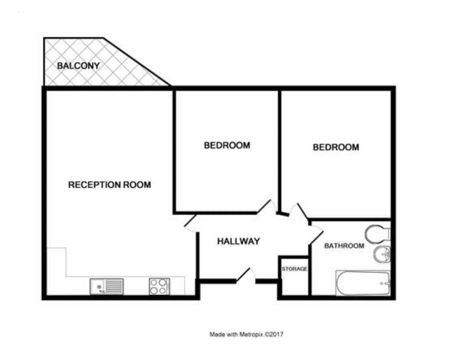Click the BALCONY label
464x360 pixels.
point(78,66)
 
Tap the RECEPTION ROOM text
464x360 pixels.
point(109,185)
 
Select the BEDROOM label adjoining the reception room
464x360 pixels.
point(227,146)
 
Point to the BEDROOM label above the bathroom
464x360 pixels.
point(336,148)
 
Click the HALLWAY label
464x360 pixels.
point(238,241)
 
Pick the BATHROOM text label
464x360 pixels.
point(344,246)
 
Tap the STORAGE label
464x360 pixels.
point(294,269)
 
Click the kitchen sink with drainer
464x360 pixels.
point(106,286)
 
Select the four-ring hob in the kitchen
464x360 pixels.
point(159,286)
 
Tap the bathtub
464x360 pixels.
point(362,283)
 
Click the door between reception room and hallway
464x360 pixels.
point(190,223)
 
